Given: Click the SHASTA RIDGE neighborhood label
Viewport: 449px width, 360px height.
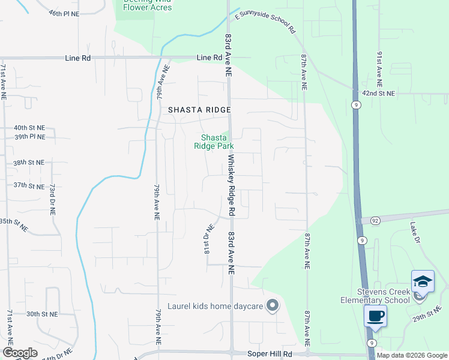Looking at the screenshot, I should pos(199,110).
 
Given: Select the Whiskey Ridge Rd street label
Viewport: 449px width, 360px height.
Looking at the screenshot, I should pos(231,185).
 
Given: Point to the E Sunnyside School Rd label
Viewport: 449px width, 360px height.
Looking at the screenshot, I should pos(265,22).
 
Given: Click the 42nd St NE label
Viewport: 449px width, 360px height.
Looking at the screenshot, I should pos(378,94).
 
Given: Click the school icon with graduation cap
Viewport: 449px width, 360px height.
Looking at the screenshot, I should pos(423,281).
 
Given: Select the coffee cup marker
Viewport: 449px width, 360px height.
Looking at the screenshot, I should pos(376,316).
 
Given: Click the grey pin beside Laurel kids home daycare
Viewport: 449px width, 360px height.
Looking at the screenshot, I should pos(273,306).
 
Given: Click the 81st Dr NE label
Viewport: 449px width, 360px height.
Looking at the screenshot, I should pos(208,239).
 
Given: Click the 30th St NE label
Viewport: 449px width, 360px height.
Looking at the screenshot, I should pos(41,314).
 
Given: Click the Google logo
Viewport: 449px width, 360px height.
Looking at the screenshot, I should pos(20,353).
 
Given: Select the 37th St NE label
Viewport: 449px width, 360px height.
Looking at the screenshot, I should pos(29,186).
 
